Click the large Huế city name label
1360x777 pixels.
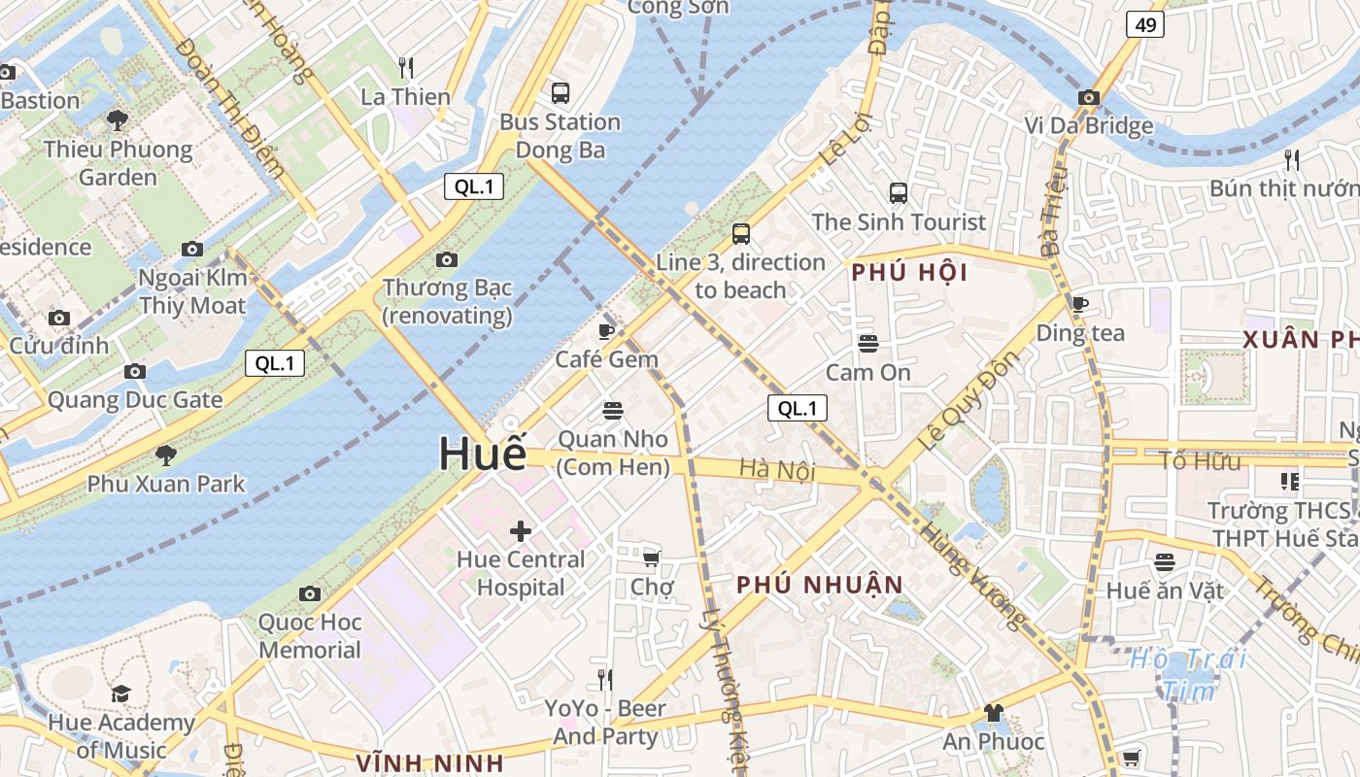coord(483,455)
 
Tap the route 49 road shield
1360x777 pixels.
coord(1145,25)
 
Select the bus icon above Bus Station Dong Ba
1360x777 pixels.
coord(561,93)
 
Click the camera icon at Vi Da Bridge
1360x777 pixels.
coord(1089,98)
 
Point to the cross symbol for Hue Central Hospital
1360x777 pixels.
coord(521,531)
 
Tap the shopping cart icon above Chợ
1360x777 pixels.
coord(652,558)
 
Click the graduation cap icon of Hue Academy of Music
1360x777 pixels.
coord(120,693)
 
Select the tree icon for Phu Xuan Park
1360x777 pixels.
coord(166,455)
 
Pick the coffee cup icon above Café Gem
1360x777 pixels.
coord(606,331)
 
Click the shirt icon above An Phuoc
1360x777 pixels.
coord(993,713)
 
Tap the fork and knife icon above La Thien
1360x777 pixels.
coord(406,68)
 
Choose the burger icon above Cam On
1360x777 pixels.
coord(867,344)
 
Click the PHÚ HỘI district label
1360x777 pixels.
coord(909,274)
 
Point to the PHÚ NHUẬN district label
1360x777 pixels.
coord(820,586)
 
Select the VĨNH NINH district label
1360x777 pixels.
coord(429,762)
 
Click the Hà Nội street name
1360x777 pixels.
coord(776,470)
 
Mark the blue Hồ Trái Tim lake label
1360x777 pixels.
coord(1188,674)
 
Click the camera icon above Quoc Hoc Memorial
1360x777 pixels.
coord(310,593)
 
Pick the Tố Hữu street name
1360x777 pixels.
coord(1200,461)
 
